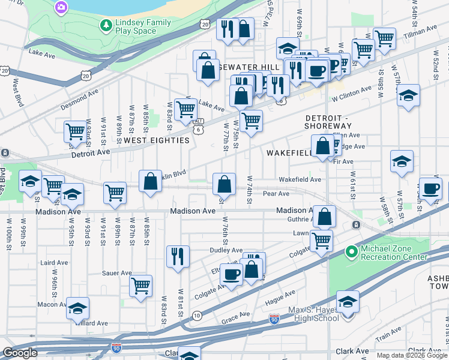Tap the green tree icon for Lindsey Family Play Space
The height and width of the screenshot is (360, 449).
click(x=106, y=25)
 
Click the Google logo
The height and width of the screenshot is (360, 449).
click(x=20, y=353)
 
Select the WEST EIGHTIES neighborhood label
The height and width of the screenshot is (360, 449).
click(x=156, y=140)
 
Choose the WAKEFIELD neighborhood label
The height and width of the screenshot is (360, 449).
click(x=289, y=153)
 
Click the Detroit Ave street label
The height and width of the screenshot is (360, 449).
click(x=91, y=152)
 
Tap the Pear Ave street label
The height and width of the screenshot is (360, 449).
click(x=276, y=194)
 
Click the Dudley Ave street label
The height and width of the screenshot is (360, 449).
click(x=225, y=250)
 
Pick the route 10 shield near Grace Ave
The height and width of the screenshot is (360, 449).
click(x=197, y=316)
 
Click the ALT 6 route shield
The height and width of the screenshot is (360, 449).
click(x=197, y=125)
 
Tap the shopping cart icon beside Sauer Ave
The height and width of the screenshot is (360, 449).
click(x=140, y=286)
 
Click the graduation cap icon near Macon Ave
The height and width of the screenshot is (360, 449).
click(x=77, y=308)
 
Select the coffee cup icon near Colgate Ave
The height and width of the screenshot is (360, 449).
click(x=231, y=275)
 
